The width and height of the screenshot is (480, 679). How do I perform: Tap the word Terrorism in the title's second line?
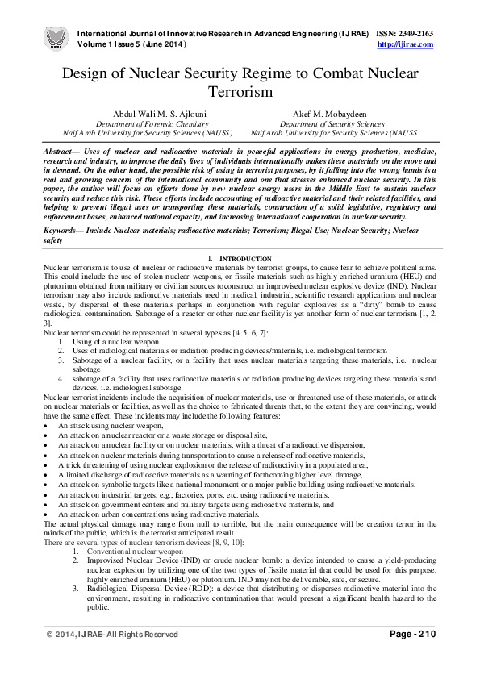240,92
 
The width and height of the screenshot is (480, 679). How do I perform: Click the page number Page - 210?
412,658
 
